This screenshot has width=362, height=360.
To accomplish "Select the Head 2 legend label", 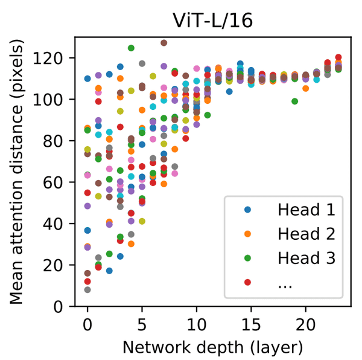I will click(306, 234).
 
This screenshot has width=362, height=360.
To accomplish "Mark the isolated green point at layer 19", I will click(295, 101).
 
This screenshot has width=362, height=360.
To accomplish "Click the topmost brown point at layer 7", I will click(164, 43).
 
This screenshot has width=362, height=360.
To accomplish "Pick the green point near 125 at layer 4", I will click(131, 48).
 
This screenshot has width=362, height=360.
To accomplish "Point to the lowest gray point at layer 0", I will click(87, 290).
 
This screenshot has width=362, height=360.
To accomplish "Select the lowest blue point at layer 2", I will click(109, 271).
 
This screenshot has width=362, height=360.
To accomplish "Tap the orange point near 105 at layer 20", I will click(306, 89).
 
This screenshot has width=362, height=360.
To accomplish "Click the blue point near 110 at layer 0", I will click(87, 79).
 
